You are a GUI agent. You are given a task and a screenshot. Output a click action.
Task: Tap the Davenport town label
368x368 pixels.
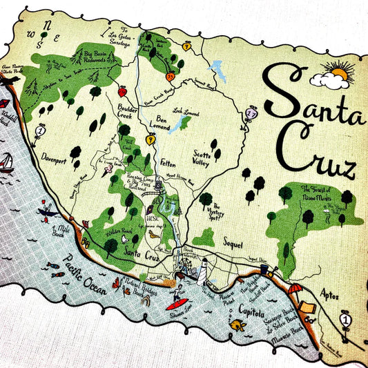point(57,155)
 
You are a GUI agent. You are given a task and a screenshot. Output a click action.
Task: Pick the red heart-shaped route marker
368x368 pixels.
point(122,91)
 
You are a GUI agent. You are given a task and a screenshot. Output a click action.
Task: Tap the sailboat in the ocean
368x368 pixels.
point(6,162)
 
